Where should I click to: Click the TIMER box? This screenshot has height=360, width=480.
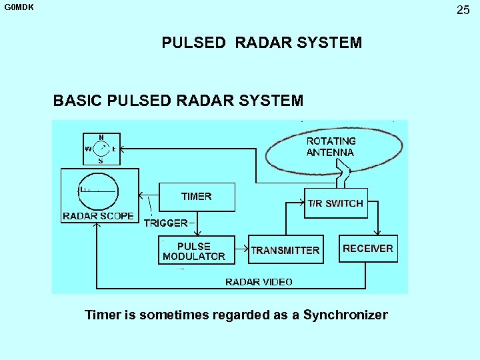[x=197, y=197]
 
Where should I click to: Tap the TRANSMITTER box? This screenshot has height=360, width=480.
[x=285, y=251]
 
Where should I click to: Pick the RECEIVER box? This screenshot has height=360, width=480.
[x=368, y=249]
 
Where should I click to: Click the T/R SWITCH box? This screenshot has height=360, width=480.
[x=335, y=203]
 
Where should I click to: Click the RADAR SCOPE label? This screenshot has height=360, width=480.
[x=98, y=216]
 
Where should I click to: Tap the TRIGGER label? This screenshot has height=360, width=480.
[x=166, y=223]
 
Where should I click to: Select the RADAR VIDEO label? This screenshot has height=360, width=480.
[x=259, y=282]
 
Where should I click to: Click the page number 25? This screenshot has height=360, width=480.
[x=463, y=10]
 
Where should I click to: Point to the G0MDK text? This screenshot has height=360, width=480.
[x=19, y=8]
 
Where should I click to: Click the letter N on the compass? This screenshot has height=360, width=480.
[x=101, y=137]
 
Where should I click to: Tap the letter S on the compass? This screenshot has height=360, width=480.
[x=101, y=160]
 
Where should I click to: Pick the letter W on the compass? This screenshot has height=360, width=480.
[x=88, y=149]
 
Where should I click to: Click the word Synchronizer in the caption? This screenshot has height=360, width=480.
[x=345, y=315]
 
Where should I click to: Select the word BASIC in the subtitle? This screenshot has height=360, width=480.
[x=73, y=101]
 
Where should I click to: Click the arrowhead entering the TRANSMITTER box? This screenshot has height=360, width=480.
[x=246, y=249]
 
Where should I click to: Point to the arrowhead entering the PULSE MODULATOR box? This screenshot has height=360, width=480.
[x=196, y=233]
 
